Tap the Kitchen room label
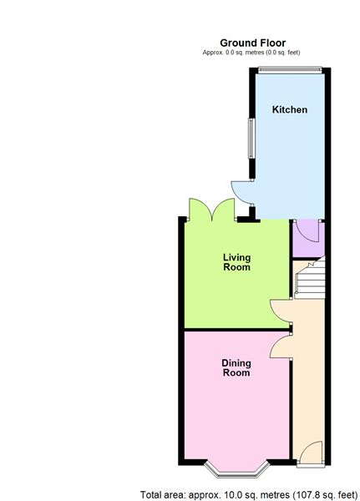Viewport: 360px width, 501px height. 290,109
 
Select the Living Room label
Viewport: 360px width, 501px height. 236,262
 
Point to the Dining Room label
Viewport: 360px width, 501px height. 236,367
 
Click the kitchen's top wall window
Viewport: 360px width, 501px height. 290,70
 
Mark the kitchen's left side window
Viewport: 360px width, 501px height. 248,137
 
